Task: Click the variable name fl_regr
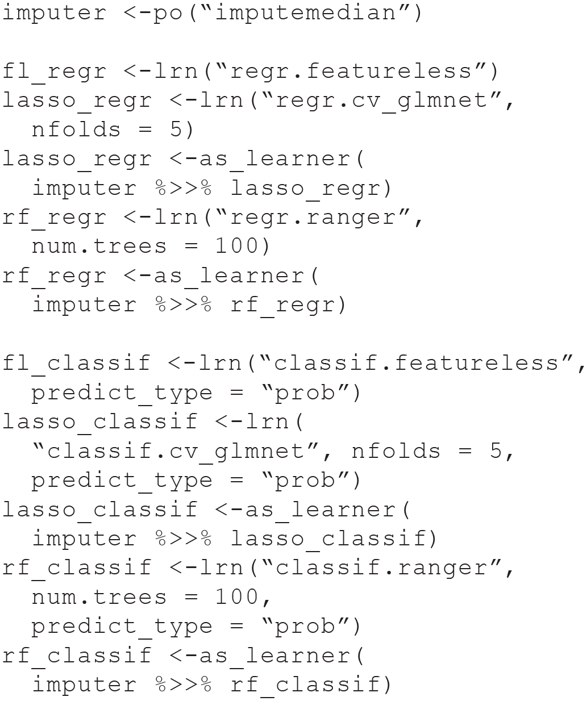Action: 54,71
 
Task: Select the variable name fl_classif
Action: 76,363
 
